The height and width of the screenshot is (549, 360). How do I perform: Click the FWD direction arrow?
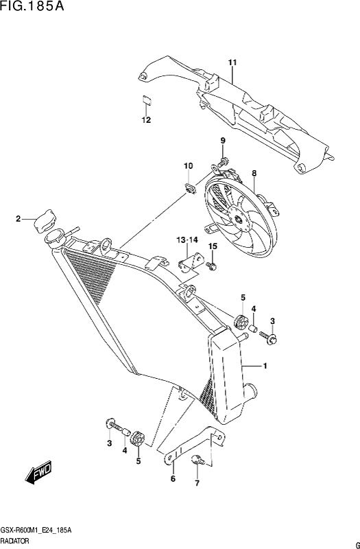click(38, 473)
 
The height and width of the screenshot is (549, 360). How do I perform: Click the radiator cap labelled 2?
click(44, 220)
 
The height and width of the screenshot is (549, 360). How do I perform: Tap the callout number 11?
click(232, 62)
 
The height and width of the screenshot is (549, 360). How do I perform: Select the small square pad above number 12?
click(147, 99)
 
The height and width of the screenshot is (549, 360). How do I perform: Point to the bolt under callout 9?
click(223, 161)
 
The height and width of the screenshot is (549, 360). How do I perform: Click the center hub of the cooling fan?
click(238, 220)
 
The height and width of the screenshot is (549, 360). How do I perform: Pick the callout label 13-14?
click(187, 240)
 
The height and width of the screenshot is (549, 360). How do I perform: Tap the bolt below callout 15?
click(211, 266)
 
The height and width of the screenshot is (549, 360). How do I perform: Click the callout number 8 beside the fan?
click(254, 174)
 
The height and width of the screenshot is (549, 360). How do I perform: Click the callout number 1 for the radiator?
click(265, 366)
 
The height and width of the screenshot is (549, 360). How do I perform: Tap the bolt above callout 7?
click(198, 460)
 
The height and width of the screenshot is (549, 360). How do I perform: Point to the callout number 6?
click(173, 479)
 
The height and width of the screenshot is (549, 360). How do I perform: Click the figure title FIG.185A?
click(32, 6)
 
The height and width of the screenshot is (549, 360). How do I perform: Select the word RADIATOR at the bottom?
click(15, 541)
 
